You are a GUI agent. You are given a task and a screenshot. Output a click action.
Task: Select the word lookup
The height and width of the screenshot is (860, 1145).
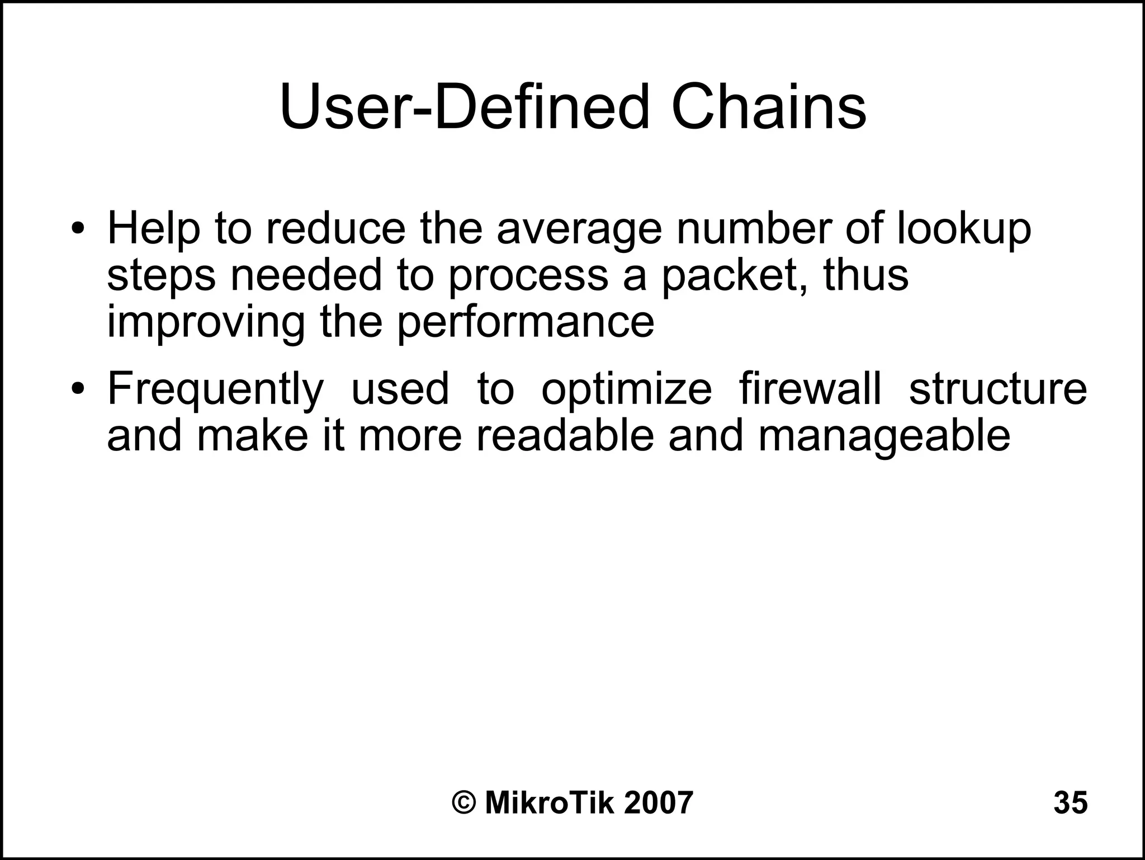(964, 229)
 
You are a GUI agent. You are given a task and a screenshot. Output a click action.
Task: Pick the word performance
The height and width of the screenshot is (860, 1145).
(526, 323)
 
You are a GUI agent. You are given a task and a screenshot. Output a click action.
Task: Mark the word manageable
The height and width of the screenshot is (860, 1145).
(884, 436)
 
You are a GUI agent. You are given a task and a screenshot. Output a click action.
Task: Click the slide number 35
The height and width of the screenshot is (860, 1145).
(1070, 803)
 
